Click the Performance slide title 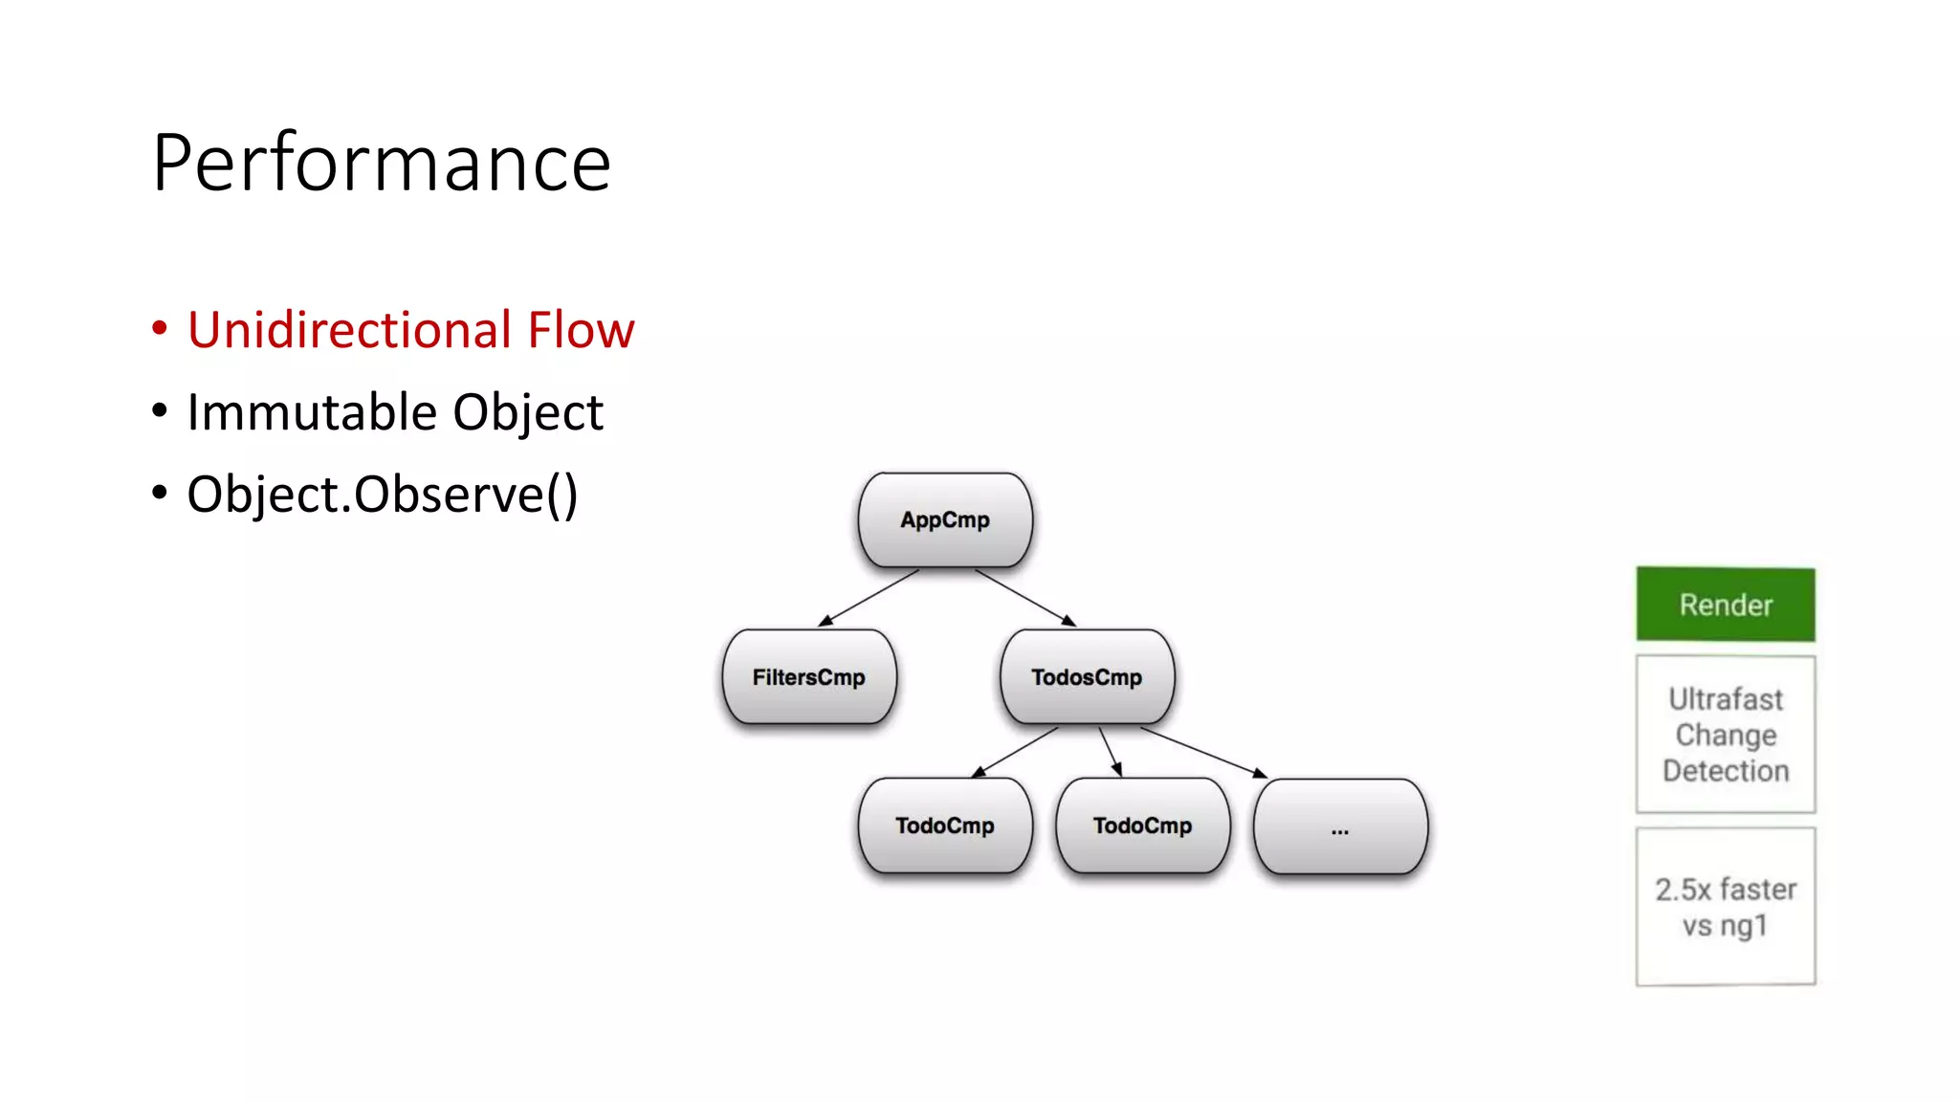tap(381, 163)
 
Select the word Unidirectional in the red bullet tap(350, 330)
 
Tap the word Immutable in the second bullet tap(312, 412)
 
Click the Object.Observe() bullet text tap(382, 495)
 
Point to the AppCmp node tap(945, 520)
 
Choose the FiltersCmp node tap(809, 677)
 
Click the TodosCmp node tap(1087, 677)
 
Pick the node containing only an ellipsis tap(1340, 826)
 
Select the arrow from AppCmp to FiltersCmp tap(869, 598)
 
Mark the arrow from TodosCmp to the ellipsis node tap(1203, 752)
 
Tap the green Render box tap(1726, 605)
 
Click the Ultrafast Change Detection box tap(1726, 735)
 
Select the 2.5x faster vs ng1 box tap(1726, 907)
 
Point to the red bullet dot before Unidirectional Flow tap(160, 329)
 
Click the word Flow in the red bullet tap(582, 330)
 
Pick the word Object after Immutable tap(528, 412)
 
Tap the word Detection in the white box tap(1726, 771)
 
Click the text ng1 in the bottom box tap(1744, 926)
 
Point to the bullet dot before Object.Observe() tap(160, 494)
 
